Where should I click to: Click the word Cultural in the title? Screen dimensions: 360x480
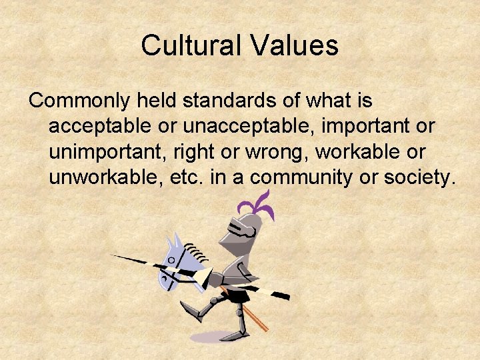(189, 46)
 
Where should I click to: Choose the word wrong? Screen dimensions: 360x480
(274, 152)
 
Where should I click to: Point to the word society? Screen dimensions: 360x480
(419, 177)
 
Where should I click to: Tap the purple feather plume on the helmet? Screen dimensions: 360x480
(261, 204)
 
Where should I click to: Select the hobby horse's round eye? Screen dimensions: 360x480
(171, 259)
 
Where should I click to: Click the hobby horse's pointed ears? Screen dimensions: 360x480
(175, 240)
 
